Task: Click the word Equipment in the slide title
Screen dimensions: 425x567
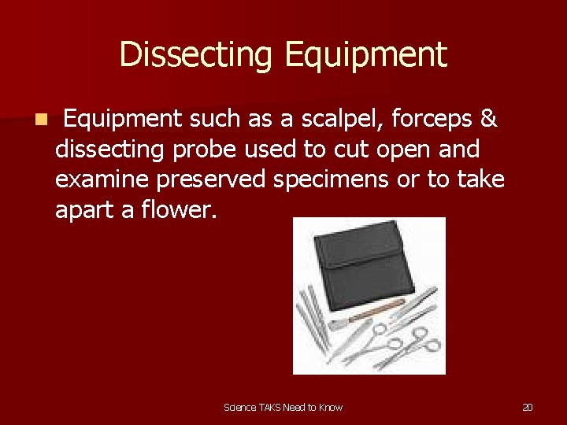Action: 366,55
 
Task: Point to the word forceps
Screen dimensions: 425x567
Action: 434,119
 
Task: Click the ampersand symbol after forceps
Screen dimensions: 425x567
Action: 488,119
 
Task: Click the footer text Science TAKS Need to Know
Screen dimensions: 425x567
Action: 283,407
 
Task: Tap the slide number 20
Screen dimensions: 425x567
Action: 528,407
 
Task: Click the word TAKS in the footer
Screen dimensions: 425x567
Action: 270,407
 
